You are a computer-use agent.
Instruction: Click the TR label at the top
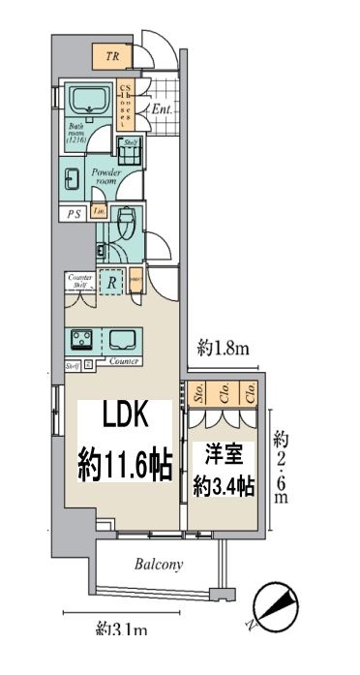coord(114,57)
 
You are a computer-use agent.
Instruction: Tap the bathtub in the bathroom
coord(90,100)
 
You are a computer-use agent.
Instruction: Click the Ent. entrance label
coord(161,110)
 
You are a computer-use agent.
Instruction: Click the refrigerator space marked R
coord(112,284)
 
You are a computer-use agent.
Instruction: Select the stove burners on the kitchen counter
coord(79,340)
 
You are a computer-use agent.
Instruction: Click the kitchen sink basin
coord(124,340)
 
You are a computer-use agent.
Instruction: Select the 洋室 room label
coord(223,452)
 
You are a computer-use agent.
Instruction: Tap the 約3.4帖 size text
coord(224,484)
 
